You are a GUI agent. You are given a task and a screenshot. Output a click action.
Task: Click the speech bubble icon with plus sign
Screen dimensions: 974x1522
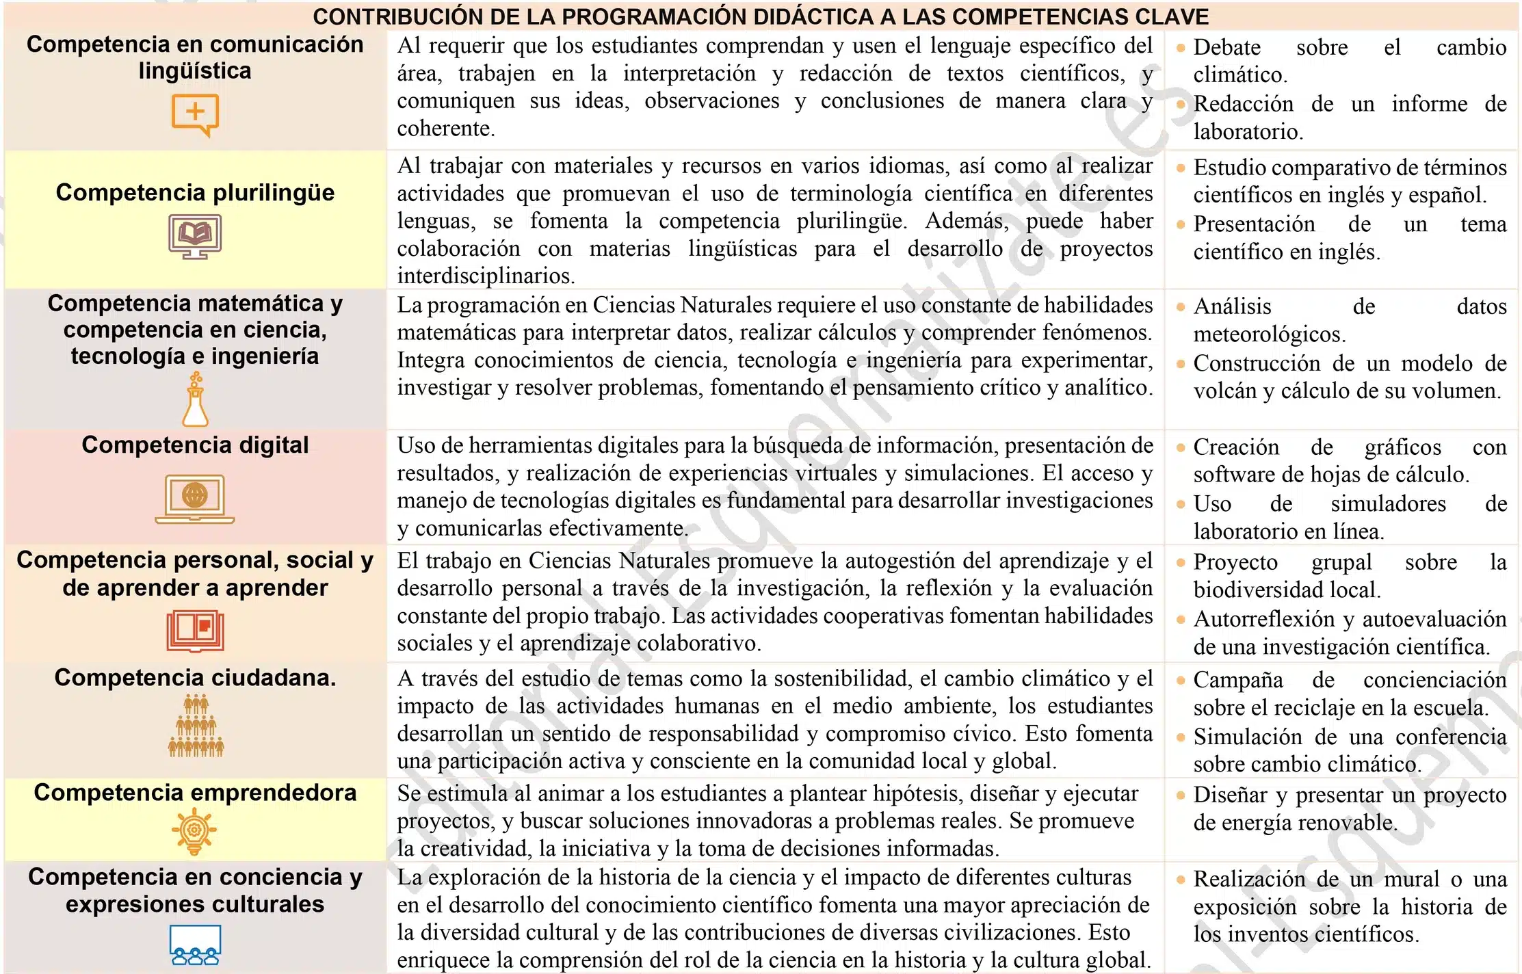(195, 115)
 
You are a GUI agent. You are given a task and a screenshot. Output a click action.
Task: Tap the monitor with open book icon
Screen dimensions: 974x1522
(195, 236)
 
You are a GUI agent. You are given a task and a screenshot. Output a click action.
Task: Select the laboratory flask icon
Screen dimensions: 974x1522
(195, 400)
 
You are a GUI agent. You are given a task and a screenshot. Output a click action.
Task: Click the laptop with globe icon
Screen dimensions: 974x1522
(195, 499)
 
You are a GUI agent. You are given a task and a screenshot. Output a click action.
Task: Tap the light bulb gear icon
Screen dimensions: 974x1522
(194, 830)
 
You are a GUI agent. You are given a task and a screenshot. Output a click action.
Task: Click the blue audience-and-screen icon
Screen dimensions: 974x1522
(195, 945)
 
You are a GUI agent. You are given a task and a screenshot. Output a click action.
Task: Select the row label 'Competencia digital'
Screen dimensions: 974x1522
(195, 445)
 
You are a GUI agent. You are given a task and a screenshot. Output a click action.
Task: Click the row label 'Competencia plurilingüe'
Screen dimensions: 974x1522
(195, 193)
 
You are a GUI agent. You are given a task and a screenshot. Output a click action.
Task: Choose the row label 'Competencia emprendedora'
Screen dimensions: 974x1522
(195, 793)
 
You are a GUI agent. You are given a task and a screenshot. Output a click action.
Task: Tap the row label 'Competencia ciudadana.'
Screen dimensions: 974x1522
(195, 678)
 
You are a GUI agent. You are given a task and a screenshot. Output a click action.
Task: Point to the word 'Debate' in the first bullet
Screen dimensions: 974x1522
(1226, 47)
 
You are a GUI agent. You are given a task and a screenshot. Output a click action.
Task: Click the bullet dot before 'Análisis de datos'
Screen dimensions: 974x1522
(1180, 307)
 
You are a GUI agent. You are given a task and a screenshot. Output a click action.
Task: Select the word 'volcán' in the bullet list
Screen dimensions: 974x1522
(1224, 391)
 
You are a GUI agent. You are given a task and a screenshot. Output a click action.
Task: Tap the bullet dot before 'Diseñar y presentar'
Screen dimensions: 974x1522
(1180, 795)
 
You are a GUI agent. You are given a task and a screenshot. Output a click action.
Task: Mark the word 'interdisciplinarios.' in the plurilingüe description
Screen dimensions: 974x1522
(486, 276)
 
